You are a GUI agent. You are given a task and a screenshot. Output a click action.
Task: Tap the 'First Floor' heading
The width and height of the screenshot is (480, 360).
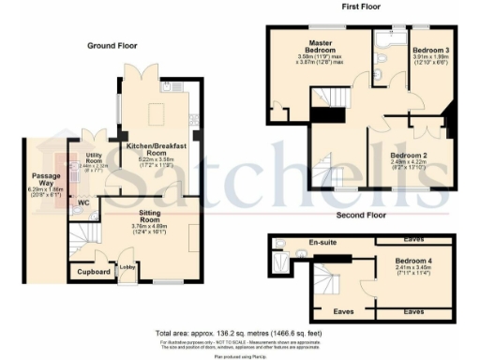[364, 7]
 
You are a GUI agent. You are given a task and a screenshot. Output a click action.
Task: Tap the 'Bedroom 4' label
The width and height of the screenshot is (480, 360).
[413, 260]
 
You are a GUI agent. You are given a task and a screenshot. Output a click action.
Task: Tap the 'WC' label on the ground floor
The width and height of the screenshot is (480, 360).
[82, 202]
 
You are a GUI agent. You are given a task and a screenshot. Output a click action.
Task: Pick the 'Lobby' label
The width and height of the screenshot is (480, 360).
[127, 267]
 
